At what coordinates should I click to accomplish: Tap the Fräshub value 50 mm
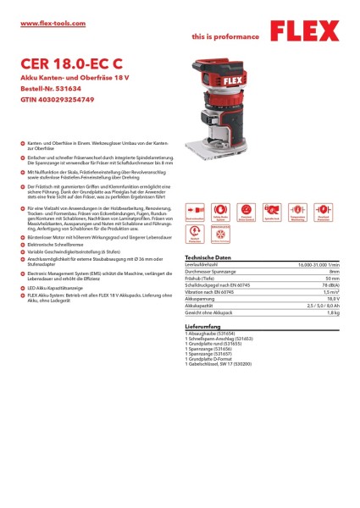331,279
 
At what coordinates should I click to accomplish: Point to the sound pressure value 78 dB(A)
328,286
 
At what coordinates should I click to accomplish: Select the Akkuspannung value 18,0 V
331,300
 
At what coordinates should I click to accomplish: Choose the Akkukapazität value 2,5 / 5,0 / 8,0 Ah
322,306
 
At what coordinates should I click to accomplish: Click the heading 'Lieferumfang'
203,326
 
